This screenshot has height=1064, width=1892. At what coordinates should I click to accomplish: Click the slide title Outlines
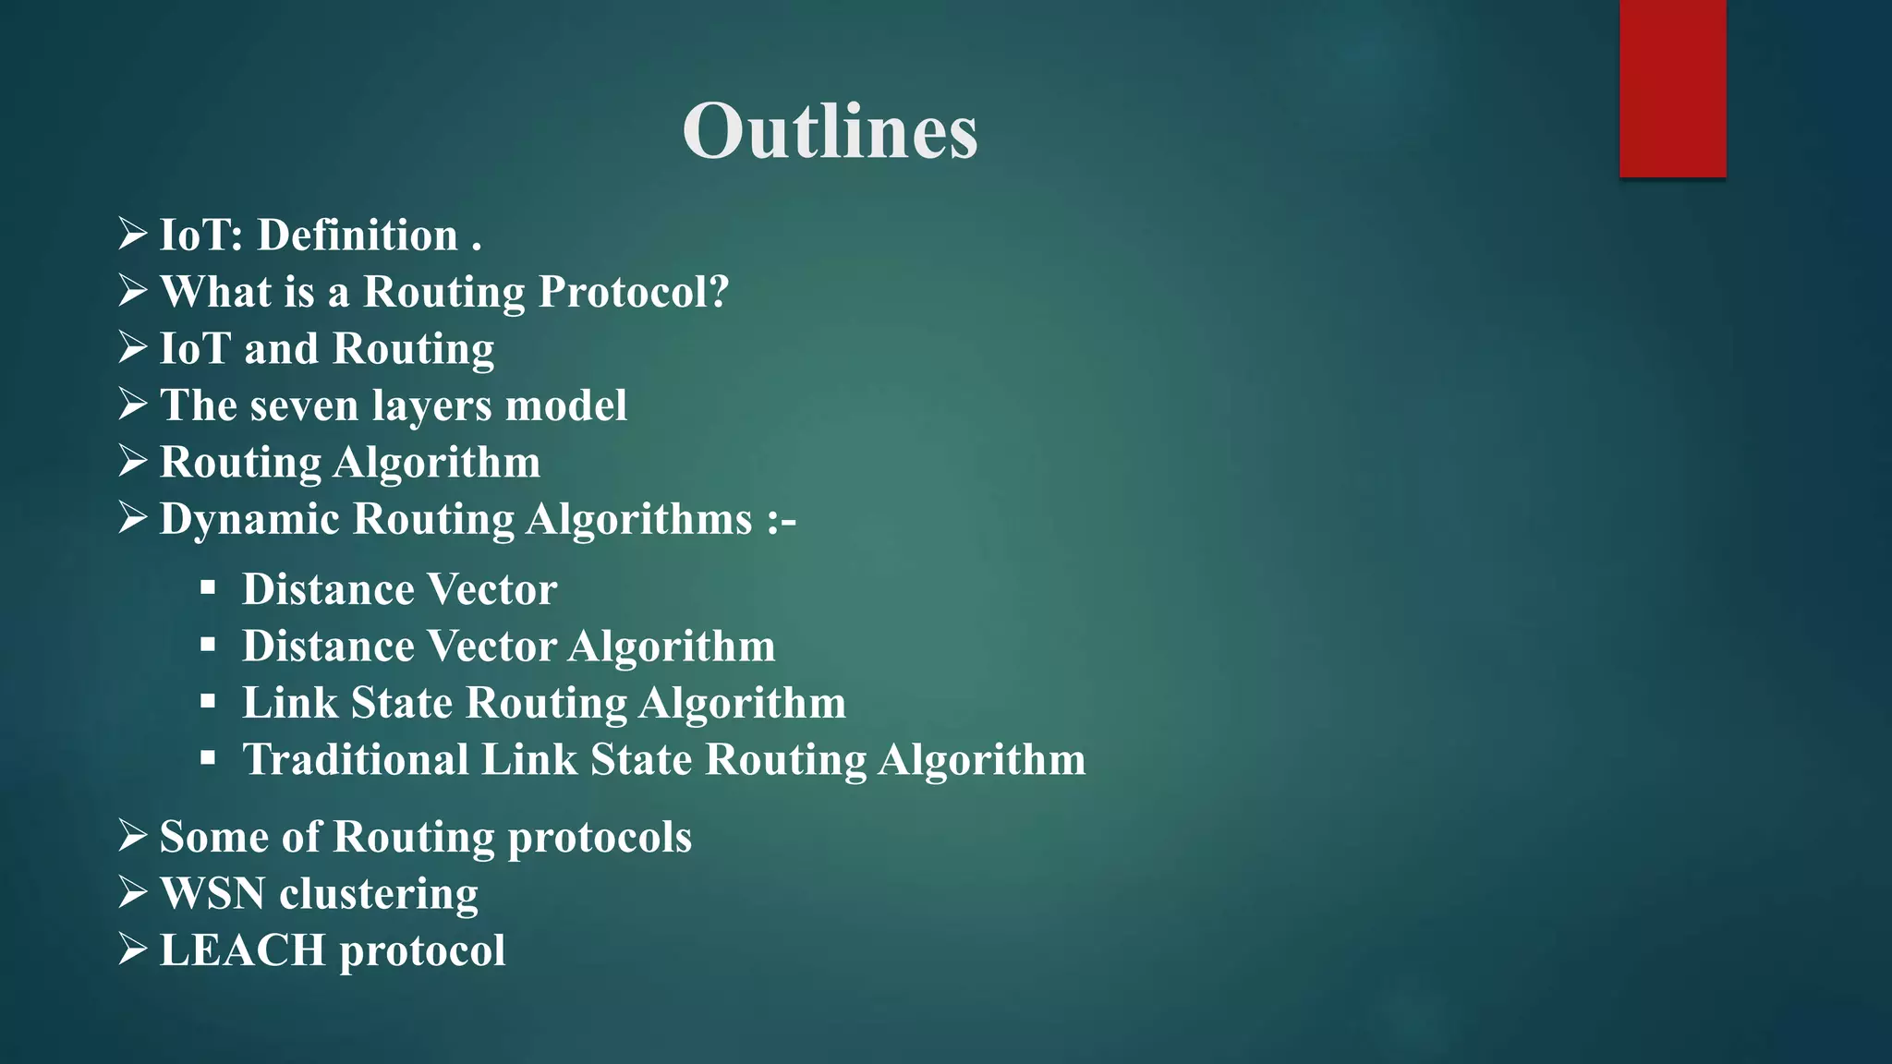point(830,131)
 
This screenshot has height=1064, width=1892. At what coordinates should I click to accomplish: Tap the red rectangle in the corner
point(1672,88)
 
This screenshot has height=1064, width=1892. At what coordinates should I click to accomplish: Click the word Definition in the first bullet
point(358,235)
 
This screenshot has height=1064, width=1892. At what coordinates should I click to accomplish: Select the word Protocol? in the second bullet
point(634,292)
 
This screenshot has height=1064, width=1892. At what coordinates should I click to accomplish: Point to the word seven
point(305,406)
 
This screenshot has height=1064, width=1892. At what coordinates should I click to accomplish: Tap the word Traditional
point(356,759)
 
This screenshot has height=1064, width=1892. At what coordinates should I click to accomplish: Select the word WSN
point(212,893)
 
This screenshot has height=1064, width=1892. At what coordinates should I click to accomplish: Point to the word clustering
point(379,894)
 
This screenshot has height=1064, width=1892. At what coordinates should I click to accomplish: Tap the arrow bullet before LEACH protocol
point(133,949)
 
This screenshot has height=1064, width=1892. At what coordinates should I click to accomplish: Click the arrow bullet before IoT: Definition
point(133,234)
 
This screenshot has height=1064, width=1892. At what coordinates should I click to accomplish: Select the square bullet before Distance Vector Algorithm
point(208,645)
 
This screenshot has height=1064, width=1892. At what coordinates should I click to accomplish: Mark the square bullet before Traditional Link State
point(208,758)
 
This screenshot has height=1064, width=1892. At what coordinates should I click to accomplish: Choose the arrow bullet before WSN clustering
point(133,891)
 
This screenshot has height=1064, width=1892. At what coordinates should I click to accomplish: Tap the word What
point(216,292)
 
